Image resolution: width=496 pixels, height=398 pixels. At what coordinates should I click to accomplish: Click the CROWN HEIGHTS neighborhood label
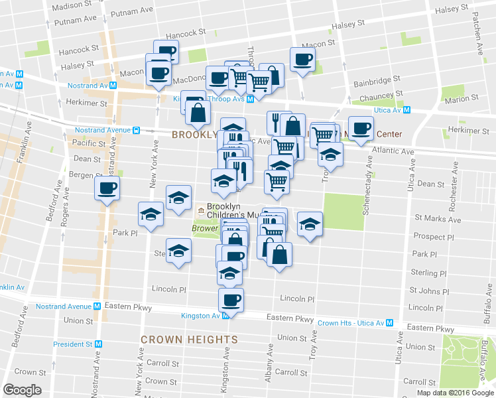point(189,340)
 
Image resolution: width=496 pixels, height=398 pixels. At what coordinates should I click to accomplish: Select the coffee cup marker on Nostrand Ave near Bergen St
point(107,188)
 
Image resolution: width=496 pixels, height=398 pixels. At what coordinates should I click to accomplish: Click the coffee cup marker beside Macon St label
point(302,59)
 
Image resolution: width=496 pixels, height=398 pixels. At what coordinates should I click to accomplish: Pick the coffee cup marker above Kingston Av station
point(231,300)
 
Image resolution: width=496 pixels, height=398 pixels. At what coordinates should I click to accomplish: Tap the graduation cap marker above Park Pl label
point(151,214)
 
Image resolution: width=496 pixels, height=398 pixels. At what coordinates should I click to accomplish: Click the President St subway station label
point(73,344)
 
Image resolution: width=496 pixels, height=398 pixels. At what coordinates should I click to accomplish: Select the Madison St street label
point(72,6)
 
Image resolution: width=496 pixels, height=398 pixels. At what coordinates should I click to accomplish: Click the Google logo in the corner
point(23,389)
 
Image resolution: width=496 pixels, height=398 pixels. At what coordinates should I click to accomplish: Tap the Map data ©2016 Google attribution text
point(455,393)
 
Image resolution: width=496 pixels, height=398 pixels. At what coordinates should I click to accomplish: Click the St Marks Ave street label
point(438,218)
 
